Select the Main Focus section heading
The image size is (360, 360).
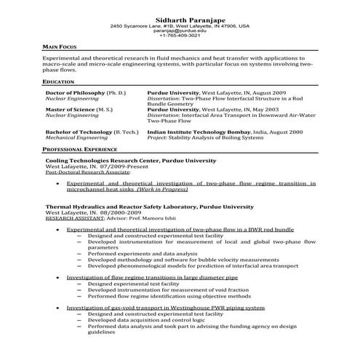[60, 46]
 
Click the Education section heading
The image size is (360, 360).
[58, 83]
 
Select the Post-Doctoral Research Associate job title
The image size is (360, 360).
[87, 173]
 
